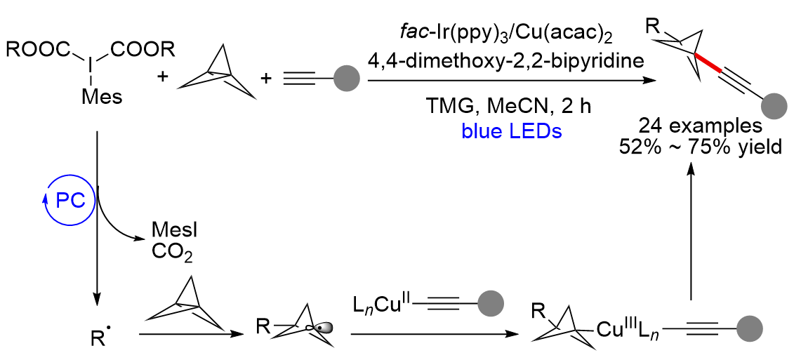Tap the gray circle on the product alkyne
(774, 107)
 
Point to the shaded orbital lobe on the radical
(322, 328)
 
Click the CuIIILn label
(630, 329)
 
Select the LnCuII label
(386, 305)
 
